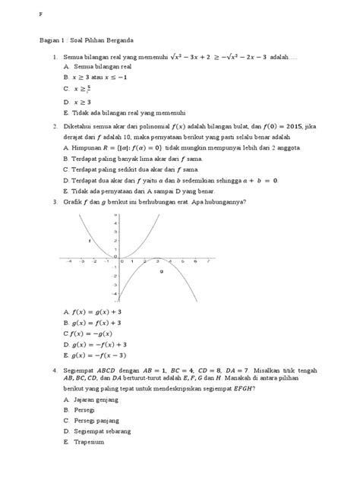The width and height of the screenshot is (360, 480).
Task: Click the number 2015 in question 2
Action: (289, 127)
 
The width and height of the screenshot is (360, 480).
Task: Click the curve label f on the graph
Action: (90, 241)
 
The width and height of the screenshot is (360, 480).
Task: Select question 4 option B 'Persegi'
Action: (84, 409)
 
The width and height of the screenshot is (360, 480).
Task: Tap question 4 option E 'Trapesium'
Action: (88, 441)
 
